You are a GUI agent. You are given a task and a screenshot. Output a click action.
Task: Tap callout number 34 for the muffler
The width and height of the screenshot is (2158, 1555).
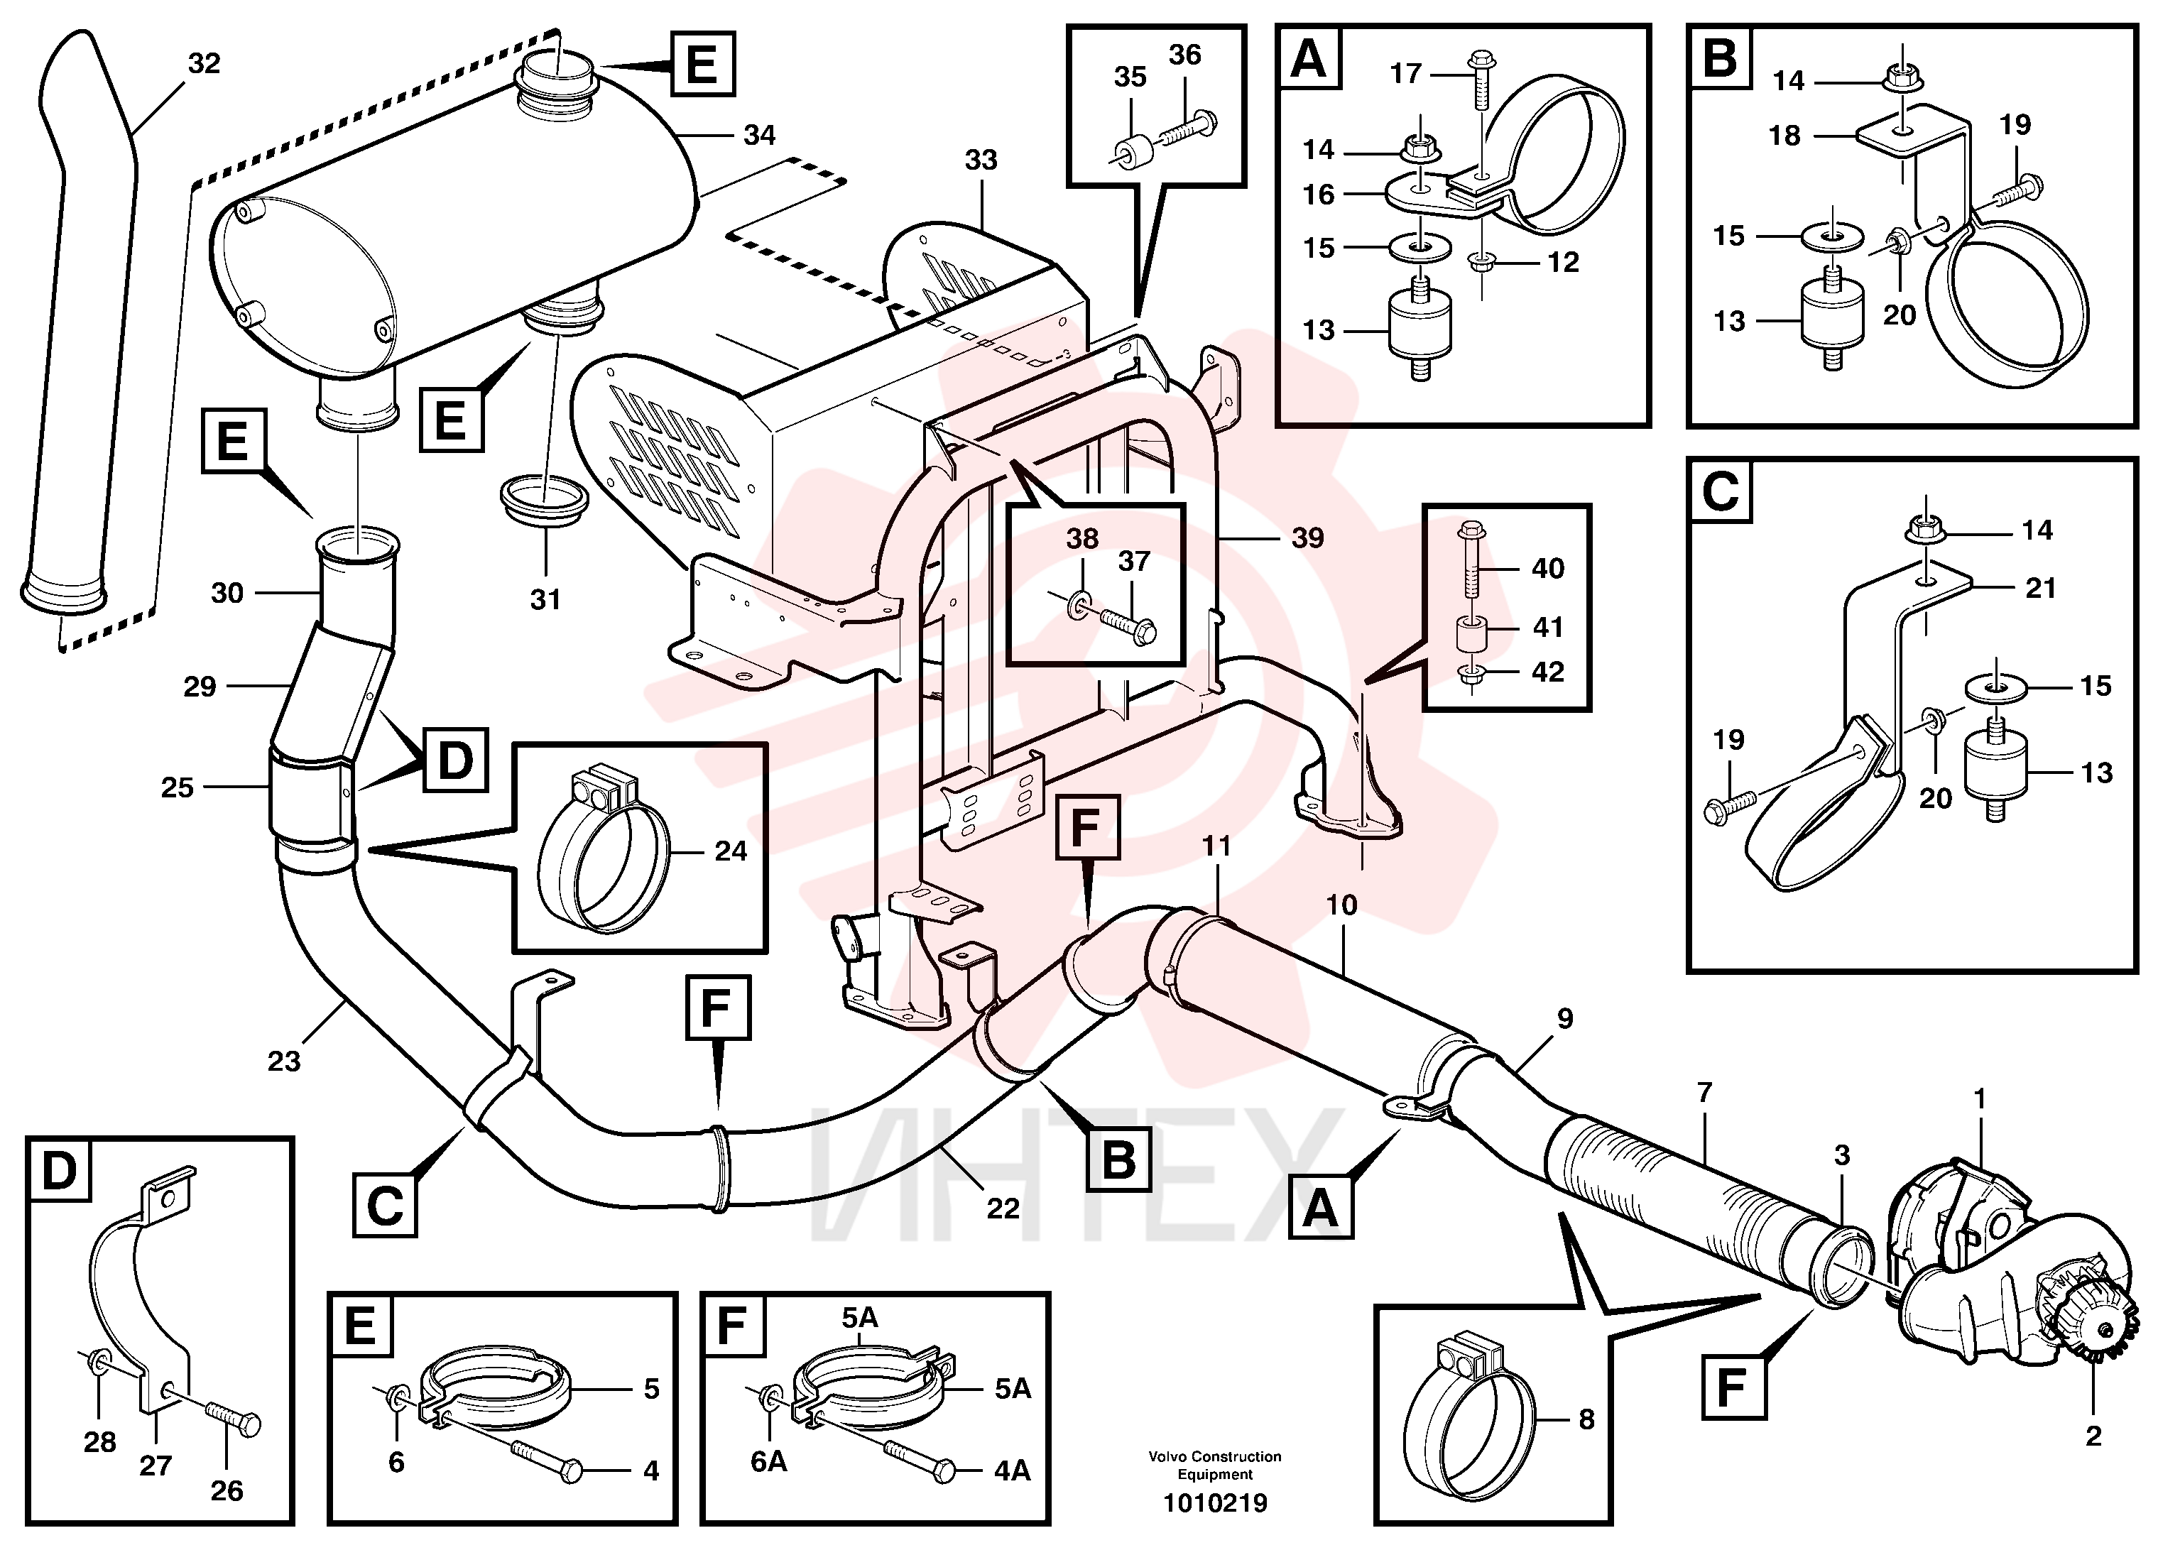click(758, 135)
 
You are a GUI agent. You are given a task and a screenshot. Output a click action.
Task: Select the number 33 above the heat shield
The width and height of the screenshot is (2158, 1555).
click(981, 160)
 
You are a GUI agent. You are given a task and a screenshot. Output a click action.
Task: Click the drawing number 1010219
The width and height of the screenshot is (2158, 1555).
click(1215, 1504)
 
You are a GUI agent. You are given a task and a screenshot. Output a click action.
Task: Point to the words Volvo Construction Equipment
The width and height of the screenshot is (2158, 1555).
click(1215, 1466)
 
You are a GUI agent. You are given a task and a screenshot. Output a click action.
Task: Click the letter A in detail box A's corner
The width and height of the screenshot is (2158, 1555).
click(1308, 59)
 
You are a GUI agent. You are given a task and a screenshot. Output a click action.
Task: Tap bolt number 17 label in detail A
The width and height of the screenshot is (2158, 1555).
click(1405, 73)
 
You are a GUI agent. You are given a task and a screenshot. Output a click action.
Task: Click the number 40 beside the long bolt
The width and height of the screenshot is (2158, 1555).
click(1548, 568)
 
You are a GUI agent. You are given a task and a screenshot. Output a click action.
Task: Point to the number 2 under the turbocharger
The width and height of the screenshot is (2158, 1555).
click(2093, 1436)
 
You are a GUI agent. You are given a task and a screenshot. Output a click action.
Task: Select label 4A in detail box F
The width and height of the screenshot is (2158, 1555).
click(1013, 1471)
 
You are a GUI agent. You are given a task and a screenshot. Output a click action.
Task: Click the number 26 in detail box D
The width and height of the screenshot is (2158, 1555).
click(227, 1490)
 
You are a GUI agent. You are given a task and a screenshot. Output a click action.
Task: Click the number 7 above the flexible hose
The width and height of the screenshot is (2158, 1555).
click(1704, 1093)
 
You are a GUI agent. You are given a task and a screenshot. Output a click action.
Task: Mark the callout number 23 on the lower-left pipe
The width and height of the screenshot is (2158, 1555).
click(283, 1061)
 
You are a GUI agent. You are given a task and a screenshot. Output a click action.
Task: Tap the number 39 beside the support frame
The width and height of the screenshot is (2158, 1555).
click(1307, 539)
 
